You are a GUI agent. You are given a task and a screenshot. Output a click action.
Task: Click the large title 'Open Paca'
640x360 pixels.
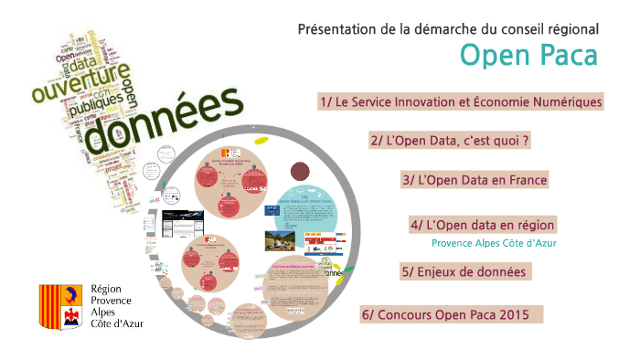tap(528, 56)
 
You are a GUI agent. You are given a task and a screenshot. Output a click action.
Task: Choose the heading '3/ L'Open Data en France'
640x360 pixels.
tap(475, 180)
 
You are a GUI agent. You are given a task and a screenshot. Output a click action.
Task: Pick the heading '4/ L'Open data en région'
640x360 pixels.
tap(483, 225)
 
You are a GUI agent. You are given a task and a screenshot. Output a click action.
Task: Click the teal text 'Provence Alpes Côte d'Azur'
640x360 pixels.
tap(494, 243)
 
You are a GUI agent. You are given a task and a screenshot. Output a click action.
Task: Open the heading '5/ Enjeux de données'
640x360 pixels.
tap(466, 271)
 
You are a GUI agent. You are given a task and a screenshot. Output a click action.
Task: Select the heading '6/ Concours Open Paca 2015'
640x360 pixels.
tap(452, 314)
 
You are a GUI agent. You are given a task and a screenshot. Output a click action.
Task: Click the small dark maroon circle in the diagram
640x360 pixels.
tap(300, 171)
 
